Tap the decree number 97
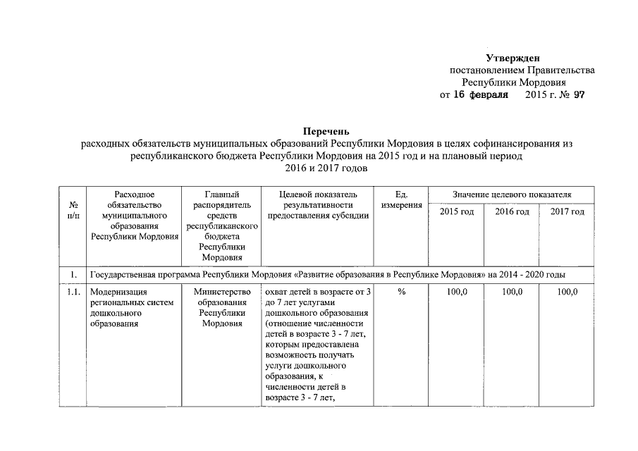pos(579,94)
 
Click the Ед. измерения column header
pos(401,199)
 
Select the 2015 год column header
pos(457,212)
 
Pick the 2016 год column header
pos(512,212)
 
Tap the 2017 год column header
pos(567,212)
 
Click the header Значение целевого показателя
pos(512,194)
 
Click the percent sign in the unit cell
pos(401,292)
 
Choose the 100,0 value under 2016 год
pos(512,292)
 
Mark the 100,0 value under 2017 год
pos(567,292)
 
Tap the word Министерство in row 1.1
pos(222,292)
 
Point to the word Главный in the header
pos(222,194)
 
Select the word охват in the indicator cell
pos(275,292)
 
